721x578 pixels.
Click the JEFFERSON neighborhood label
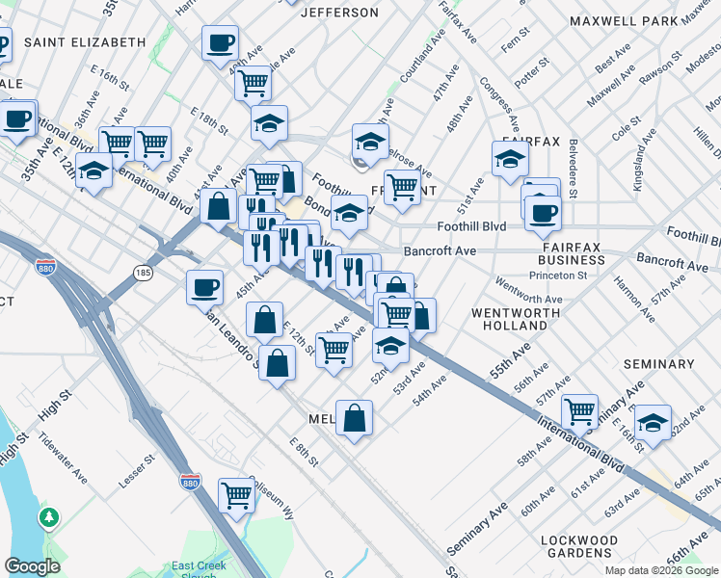(339, 13)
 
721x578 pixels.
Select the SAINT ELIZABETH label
(85, 42)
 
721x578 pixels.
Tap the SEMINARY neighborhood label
(659, 364)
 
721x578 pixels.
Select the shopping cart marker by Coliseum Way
(236, 495)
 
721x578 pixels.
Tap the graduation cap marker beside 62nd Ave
(653, 422)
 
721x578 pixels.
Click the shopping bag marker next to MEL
(355, 417)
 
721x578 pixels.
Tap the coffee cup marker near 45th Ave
(205, 286)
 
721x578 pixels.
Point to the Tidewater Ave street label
(62, 448)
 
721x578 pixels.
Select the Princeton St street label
(559, 276)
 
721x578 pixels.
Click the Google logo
(33, 567)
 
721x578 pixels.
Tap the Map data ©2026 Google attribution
(659, 570)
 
